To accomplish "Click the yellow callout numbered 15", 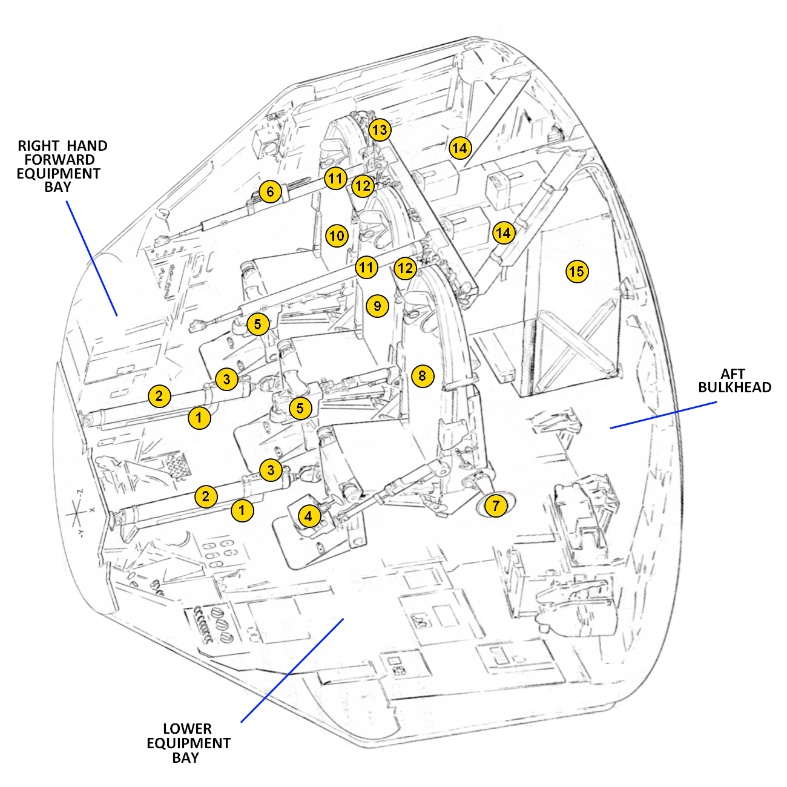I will (x=577, y=271).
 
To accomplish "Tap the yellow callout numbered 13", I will (x=380, y=130).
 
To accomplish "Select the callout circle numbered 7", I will (x=496, y=505).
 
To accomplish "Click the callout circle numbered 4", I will (x=309, y=516).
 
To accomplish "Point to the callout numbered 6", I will (x=270, y=193).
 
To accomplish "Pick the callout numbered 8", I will (x=422, y=376).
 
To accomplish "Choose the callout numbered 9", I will (x=377, y=306).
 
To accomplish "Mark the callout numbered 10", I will (x=337, y=235).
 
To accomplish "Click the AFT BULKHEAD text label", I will (x=734, y=381).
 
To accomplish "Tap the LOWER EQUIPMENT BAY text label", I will (x=188, y=743).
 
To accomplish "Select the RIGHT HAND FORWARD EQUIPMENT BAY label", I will (x=59, y=166).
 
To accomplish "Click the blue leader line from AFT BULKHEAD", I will (x=663, y=415).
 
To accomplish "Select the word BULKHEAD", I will (x=734, y=387).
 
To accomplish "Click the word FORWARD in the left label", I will (x=59, y=160).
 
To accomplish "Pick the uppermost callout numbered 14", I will (x=459, y=148).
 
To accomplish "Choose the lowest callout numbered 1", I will (x=242, y=510).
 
